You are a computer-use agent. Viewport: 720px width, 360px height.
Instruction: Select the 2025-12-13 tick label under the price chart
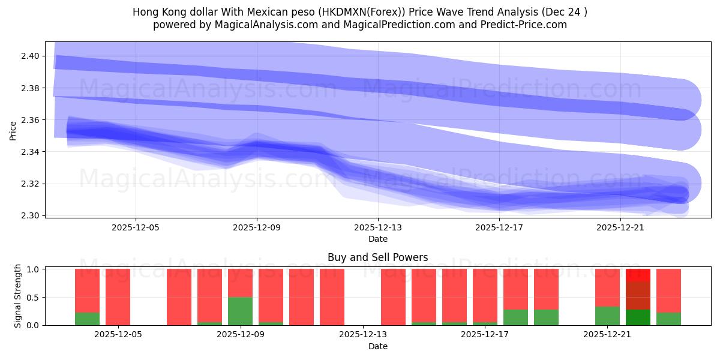(x=378, y=228)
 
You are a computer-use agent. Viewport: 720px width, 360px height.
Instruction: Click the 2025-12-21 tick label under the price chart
(x=620, y=228)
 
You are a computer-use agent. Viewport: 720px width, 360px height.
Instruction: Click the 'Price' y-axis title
(x=13, y=130)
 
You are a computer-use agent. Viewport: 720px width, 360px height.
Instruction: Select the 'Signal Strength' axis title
(x=18, y=296)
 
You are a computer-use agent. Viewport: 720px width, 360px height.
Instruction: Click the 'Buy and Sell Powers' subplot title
(x=377, y=257)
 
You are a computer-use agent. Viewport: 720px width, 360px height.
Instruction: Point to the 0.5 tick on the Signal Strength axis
(x=32, y=297)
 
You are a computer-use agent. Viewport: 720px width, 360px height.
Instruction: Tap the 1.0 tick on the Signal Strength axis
(x=32, y=269)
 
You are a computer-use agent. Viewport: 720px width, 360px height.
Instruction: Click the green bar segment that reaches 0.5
(x=240, y=311)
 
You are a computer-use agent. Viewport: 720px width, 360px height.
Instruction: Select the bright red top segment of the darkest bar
(x=638, y=275)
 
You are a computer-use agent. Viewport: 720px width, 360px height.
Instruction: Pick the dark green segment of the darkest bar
(x=638, y=317)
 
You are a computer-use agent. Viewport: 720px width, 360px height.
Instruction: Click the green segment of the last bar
(x=668, y=319)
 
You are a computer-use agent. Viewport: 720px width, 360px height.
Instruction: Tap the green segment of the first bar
(x=87, y=319)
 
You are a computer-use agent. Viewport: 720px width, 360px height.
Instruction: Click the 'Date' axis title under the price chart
(x=377, y=239)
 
